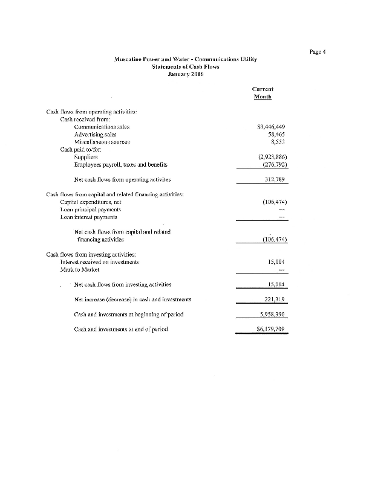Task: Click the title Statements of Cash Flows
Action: click(186, 66)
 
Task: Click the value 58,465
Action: click(276, 135)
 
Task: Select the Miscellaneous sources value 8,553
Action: click(278, 142)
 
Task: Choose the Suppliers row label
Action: click(86, 157)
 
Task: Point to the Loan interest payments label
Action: click(90, 217)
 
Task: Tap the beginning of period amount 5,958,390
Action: click(272, 315)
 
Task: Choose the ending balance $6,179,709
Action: click(270, 330)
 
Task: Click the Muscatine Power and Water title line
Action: click(186, 59)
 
